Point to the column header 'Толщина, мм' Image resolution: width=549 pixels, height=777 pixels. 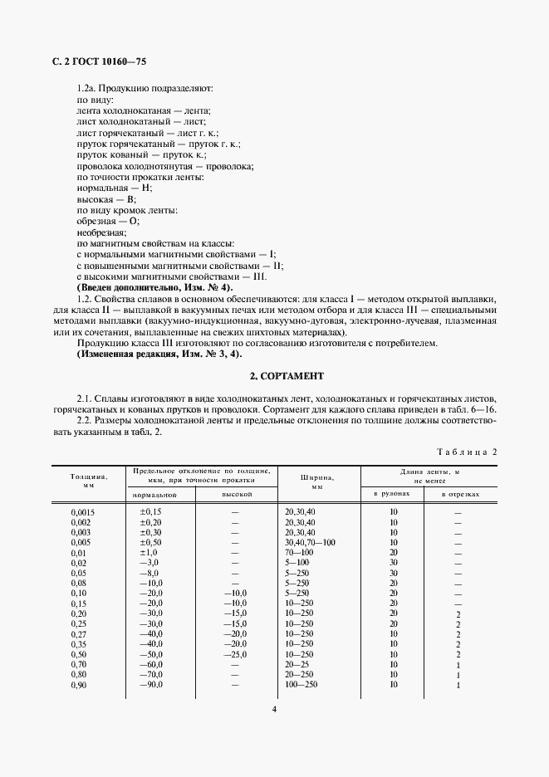[x=88, y=481]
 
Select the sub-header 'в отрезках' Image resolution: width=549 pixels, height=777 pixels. [x=458, y=495]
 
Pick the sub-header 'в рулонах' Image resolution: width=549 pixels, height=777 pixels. [x=393, y=495]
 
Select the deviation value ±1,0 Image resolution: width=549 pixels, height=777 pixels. [x=150, y=552]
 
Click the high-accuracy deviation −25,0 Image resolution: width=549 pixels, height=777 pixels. [x=235, y=652]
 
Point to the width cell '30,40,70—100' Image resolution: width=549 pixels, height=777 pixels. [x=310, y=542]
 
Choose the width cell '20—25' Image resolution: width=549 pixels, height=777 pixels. [x=297, y=663]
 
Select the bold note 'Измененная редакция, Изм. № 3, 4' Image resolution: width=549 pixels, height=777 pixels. [x=158, y=354]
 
